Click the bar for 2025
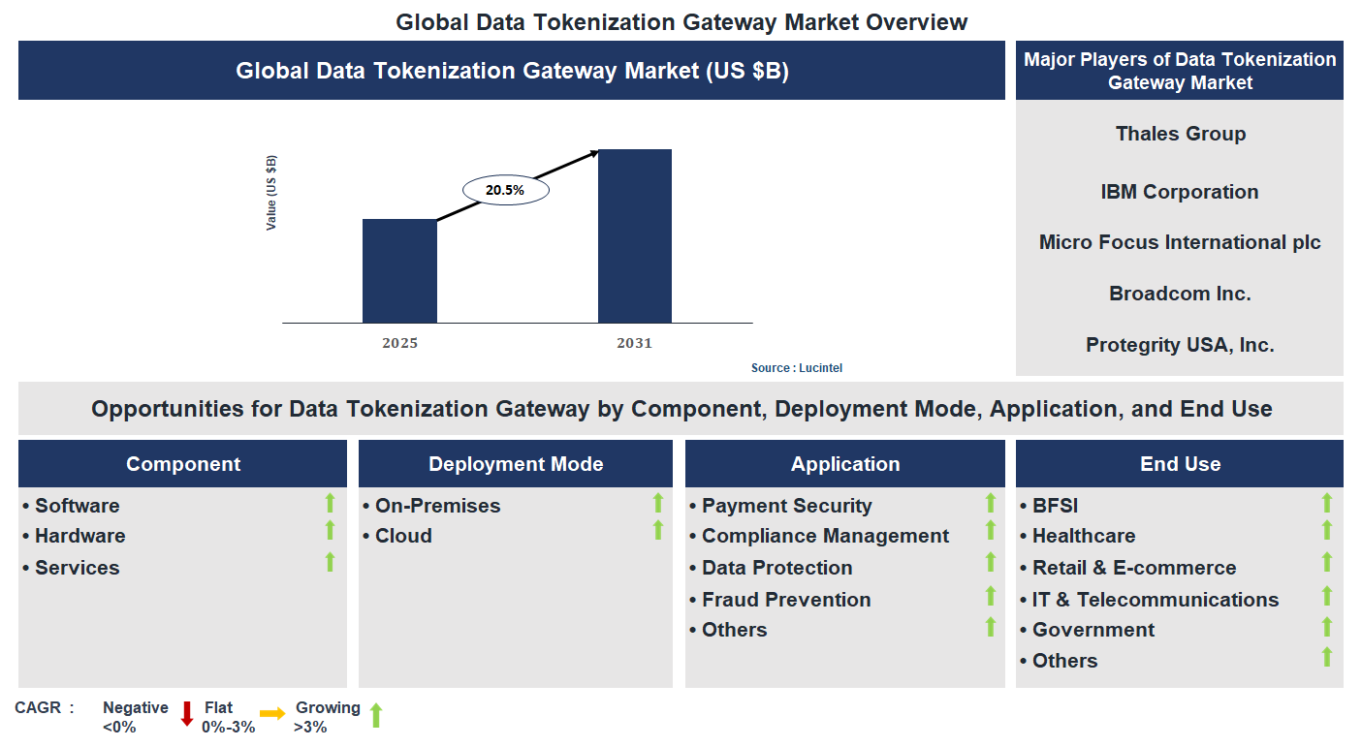point(399,271)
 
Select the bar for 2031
point(634,236)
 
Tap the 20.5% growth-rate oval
point(505,191)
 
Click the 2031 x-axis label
point(634,343)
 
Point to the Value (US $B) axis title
point(271,192)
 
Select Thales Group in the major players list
point(1180,134)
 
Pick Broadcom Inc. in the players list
point(1180,294)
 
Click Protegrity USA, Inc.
point(1180,345)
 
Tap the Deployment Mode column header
point(516,464)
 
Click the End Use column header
point(1180,464)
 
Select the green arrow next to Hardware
point(330,530)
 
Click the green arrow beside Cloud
point(658,530)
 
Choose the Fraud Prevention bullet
point(785,600)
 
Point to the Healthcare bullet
point(1083,536)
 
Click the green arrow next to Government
point(1327,627)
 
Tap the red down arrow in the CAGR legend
point(187,714)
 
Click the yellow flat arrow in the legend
point(272,714)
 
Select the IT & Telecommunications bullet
point(1155,600)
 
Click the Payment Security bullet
point(786,506)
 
